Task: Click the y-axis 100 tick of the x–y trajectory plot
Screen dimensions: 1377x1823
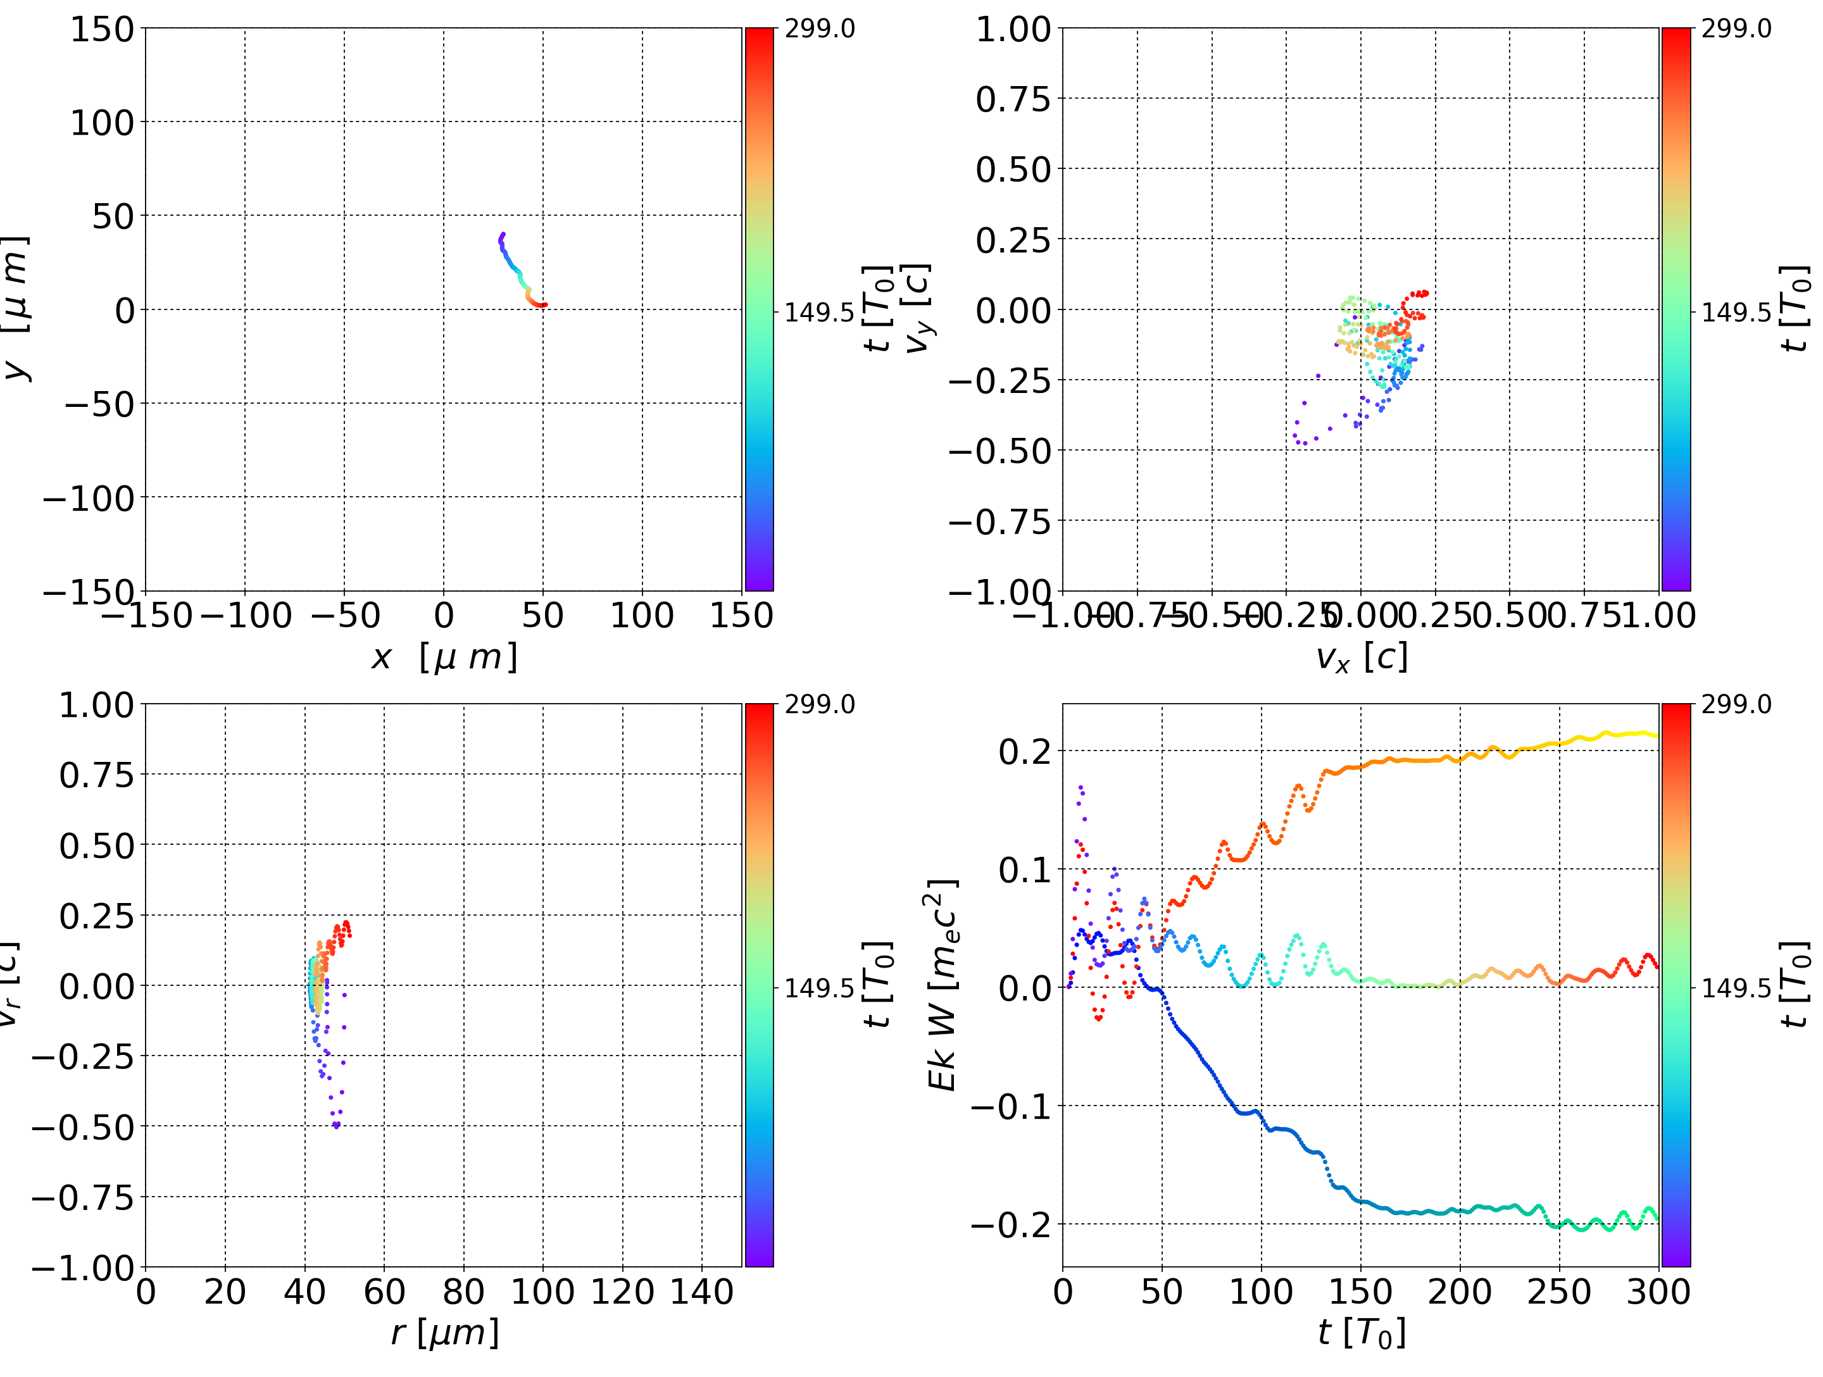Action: pyautogui.click(x=101, y=123)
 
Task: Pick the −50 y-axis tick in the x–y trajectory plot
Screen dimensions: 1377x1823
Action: pyautogui.click(x=99, y=404)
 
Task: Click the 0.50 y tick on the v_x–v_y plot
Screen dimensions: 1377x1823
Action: pyautogui.click(x=1013, y=170)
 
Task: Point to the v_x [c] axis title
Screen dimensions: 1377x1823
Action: pyautogui.click(x=1361, y=657)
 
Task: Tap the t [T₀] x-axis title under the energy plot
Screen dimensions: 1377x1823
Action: pyautogui.click(x=1361, y=1333)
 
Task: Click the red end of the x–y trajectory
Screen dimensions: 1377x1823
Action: pyautogui.click(x=544, y=305)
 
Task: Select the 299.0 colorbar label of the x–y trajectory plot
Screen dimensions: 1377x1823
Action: pyautogui.click(x=819, y=29)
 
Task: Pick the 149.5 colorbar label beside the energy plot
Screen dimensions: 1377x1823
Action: pyautogui.click(x=1736, y=987)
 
